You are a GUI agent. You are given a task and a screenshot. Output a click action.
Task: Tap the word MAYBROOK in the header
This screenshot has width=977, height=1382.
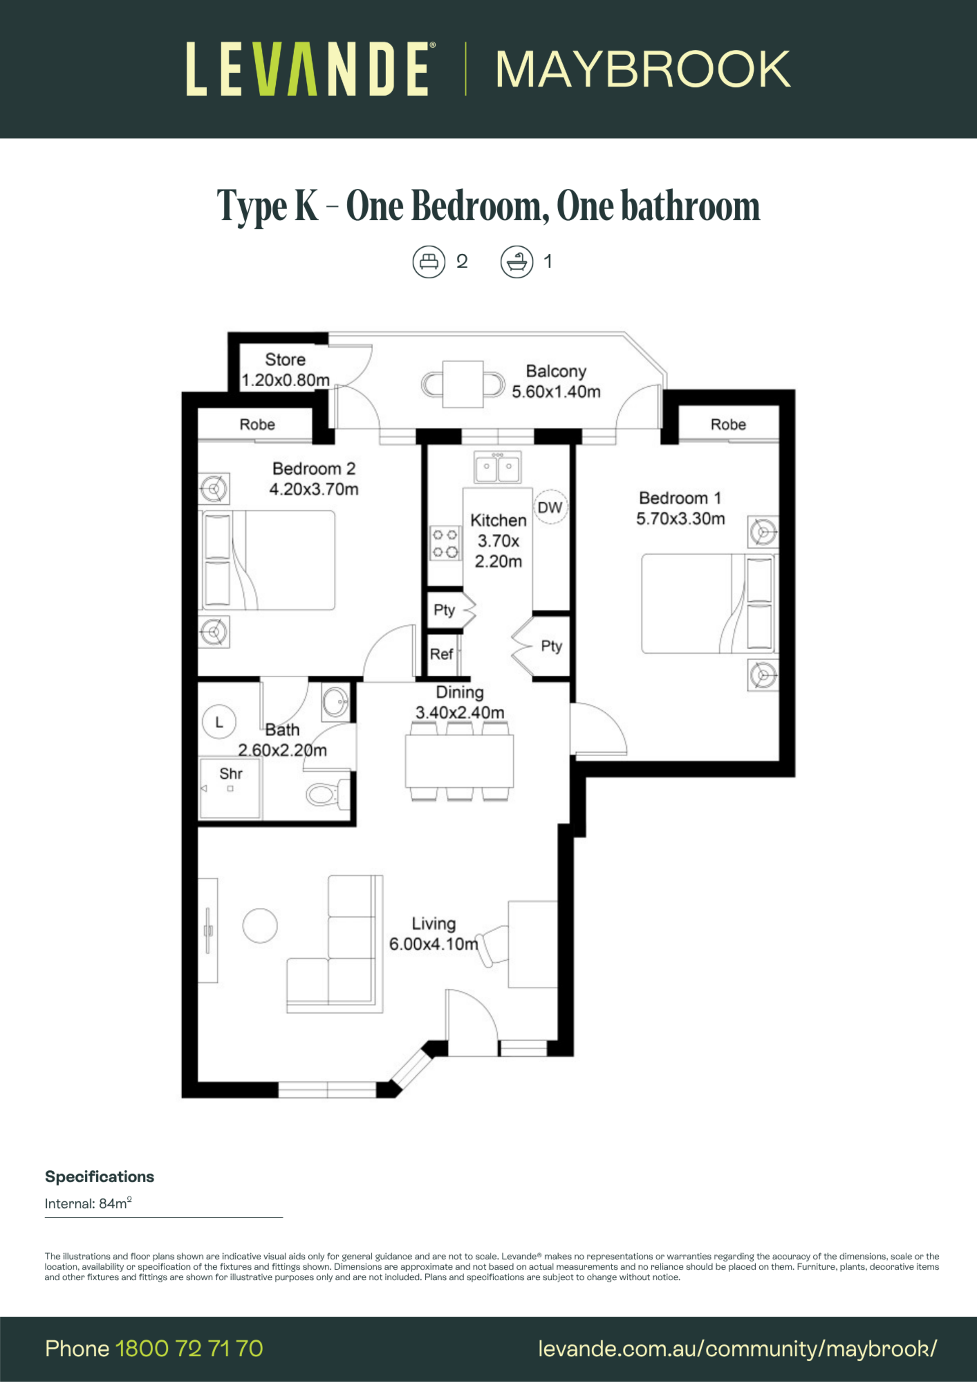pyautogui.click(x=643, y=69)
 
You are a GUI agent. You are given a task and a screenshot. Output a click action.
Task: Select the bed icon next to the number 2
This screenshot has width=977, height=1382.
pyautogui.click(x=428, y=262)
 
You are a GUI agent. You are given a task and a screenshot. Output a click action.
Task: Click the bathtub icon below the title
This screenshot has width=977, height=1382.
pyautogui.click(x=516, y=262)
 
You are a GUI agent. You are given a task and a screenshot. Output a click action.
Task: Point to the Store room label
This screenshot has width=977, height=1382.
pyautogui.click(x=285, y=359)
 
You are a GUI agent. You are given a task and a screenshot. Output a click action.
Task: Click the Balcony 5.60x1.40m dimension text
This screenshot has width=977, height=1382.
pyautogui.click(x=556, y=392)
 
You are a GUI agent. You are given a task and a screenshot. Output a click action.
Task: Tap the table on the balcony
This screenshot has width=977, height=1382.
pyautogui.click(x=463, y=384)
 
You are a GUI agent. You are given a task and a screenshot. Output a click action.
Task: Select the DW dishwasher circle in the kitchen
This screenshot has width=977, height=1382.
pyautogui.click(x=550, y=507)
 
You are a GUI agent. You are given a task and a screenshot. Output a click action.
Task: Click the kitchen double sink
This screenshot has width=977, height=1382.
pyautogui.click(x=498, y=467)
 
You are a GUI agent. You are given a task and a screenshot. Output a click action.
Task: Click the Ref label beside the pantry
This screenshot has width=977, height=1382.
pyautogui.click(x=441, y=654)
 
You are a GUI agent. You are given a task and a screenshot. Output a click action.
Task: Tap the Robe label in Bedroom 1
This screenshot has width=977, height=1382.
pyautogui.click(x=728, y=424)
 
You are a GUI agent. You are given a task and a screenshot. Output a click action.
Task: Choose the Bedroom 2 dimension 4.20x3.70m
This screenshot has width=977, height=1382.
pyautogui.click(x=313, y=489)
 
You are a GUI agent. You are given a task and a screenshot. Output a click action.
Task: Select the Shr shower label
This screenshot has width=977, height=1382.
pyautogui.click(x=231, y=773)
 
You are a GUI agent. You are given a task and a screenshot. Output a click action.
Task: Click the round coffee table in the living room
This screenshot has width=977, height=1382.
pyautogui.click(x=260, y=925)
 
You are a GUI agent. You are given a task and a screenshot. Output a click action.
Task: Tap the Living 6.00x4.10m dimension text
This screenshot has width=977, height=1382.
pyautogui.click(x=434, y=944)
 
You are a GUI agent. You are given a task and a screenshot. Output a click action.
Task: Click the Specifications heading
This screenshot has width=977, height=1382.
pyautogui.click(x=99, y=1177)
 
